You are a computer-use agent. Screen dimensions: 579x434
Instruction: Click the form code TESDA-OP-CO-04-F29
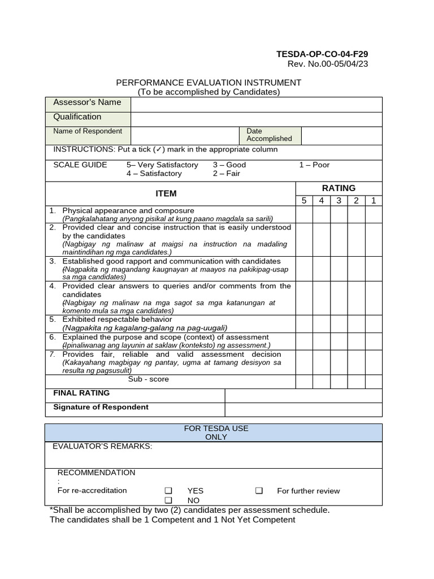(322, 54)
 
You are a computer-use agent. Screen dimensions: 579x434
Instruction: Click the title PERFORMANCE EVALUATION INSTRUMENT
(209, 83)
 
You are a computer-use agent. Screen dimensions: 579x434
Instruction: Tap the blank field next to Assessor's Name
(256, 105)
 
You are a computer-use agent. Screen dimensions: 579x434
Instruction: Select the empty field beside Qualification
(256, 119)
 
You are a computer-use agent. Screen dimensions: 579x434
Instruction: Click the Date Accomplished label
(269, 135)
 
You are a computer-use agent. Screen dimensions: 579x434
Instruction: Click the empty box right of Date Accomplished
(341, 136)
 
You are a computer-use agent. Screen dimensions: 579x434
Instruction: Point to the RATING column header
(338, 188)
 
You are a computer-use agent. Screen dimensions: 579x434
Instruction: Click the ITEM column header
(166, 193)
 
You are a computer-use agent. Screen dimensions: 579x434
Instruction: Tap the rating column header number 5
(304, 201)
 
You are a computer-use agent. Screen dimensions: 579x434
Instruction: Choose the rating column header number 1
(374, 201)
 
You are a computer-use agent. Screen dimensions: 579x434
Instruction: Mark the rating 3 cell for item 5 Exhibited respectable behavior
(338, 323)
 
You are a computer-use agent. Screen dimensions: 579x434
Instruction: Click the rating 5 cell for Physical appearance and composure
(304, 214)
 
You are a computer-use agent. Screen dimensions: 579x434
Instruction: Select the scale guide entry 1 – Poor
(314, 165)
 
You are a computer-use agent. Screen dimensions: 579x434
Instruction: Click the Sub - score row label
(148, 379)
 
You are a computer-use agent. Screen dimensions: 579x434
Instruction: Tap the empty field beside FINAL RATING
(303, 395)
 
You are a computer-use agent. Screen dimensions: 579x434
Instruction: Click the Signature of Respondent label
(101, 407)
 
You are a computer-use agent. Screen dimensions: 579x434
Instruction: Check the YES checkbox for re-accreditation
(168, 491)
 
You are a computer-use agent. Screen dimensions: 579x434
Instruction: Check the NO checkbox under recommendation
(168, 500)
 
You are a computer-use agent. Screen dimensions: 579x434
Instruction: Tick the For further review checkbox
(259, 491)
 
